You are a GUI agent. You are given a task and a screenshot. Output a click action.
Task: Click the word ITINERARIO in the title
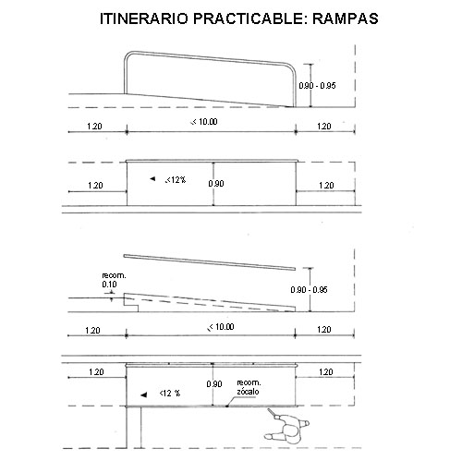coord(144,18)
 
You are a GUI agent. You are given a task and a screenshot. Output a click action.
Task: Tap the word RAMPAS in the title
coord(346,18)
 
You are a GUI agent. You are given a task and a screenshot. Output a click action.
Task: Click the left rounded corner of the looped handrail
coord(127,55)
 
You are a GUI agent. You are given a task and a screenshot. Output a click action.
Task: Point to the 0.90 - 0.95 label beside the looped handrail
coord(317,86)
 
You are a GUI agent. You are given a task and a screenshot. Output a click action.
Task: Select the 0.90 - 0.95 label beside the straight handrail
coord(309,290)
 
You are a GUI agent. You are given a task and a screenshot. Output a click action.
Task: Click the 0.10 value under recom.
coord(109,285)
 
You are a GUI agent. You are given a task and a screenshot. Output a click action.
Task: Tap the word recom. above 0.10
coord(114,275)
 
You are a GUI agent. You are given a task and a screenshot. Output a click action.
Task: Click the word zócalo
coord(248,392)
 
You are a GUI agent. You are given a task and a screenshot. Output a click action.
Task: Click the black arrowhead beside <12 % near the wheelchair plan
coord(144,394)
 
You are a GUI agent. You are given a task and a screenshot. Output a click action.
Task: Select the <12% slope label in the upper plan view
coord(176,180)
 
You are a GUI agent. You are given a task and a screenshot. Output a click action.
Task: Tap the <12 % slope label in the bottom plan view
coord(170,394)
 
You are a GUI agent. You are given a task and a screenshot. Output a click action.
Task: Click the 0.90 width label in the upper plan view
coord(216,184)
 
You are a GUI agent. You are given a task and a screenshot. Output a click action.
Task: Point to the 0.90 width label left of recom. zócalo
coord(214,384)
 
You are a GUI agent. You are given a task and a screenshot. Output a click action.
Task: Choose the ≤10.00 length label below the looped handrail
coord(204,122)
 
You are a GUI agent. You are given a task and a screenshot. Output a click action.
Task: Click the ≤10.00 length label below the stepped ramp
coord(221,327)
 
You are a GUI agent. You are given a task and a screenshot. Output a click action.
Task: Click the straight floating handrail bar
coord(210,262)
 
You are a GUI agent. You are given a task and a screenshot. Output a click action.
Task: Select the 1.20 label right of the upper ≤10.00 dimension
coord(324,127)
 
